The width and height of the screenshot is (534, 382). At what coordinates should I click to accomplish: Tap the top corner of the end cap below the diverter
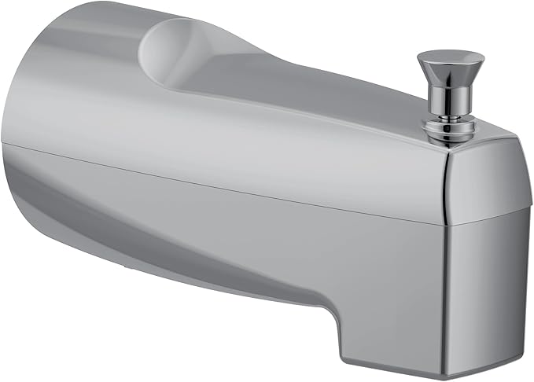(x=472, y=142)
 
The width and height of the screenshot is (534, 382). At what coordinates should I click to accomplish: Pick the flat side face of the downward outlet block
(x=393, y=314)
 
